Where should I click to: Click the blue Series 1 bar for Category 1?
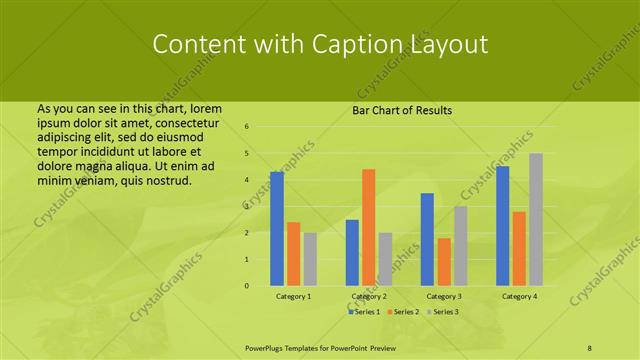point(277,229)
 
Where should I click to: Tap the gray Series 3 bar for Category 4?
point(536,219)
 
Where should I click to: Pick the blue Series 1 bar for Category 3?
point(427,239)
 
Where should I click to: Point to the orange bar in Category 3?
point(444,262)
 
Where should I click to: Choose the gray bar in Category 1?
point(310,259)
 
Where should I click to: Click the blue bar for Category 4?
point(502,226)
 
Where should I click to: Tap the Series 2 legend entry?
point(405,312)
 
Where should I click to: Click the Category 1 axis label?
point(294,297)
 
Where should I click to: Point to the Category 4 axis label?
point(519,297)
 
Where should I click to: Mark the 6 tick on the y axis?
point(247,127)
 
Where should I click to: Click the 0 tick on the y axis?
point(247,286)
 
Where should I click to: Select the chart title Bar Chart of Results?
point(402,110)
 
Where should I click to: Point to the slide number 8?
point(589,346)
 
